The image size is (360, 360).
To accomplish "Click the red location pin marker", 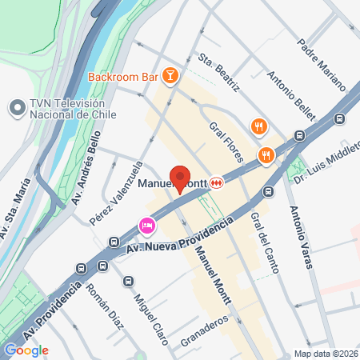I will pos(180,178).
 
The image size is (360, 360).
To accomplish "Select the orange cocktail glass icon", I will pos(170,76).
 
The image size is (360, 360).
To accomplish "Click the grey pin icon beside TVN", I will pos(16,107).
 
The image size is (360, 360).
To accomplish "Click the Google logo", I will pos(26,350).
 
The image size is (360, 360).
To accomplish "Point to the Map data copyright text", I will pos(326,354).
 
